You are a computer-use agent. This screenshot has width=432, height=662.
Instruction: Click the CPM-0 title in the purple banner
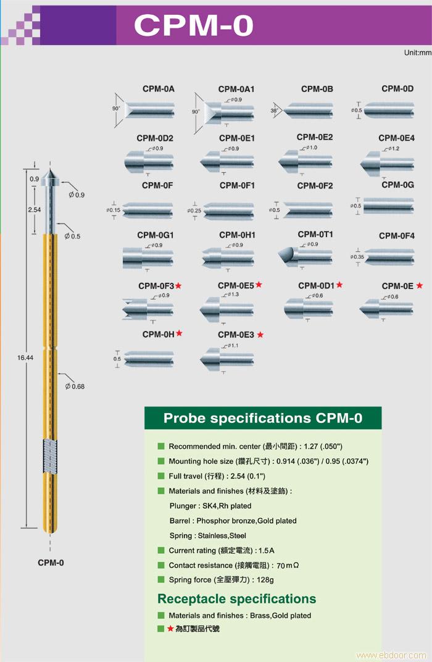[x=193, y=26]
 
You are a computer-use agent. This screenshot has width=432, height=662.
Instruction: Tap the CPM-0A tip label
[x=159, y=89]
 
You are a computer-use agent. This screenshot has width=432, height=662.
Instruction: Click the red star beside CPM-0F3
[x=178, y=285]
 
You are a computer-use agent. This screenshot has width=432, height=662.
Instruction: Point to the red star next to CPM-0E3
[x=260, y=335]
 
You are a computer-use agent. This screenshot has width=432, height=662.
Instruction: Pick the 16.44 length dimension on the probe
[x=25, y=358]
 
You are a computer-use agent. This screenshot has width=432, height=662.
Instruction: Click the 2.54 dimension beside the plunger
[x=35, y=210]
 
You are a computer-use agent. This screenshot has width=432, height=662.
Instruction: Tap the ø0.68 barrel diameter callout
[x=75, y=387]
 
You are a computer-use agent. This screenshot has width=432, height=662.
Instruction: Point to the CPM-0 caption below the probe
[x=51, y=563]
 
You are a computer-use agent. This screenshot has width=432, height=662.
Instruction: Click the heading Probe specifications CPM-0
[x=263, y=418]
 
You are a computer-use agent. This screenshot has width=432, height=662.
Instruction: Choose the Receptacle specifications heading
[x=236, y=599]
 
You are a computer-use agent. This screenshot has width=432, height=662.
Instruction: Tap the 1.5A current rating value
[x=267, y=550]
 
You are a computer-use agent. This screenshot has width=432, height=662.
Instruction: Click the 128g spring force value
[x=265, y=580]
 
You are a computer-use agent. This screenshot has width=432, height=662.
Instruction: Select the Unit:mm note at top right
[x=417, y=53]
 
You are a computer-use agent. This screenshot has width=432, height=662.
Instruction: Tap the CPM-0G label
[x=397, y=185]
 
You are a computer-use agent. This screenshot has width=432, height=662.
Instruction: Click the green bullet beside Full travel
[x=161, y=476]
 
